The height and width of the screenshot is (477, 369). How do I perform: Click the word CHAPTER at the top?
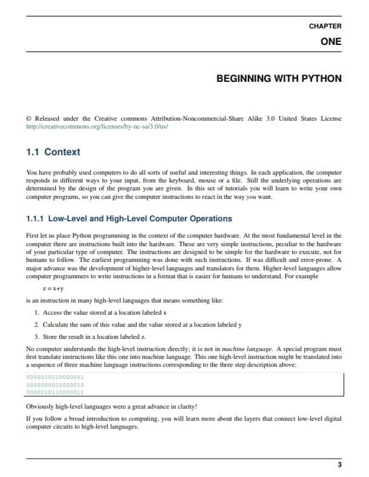pos(325,26)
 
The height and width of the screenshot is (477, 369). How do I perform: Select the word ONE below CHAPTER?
pos(331,42)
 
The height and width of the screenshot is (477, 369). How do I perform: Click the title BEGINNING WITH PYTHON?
pos(279,79)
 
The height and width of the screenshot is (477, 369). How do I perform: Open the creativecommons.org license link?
pos(97,127)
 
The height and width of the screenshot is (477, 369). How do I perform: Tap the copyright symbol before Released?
pos(29,119)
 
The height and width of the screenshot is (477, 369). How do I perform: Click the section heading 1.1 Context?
pos(53,152)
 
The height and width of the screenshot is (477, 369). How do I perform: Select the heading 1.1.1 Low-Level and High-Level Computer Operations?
pos(128,218)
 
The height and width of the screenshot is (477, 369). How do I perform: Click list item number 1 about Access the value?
pos(101,313)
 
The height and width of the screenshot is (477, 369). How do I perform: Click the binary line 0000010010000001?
pos(55,378)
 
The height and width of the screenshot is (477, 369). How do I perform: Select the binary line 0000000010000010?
pos(55,385)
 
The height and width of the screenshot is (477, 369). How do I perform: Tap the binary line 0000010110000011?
pos(55,392)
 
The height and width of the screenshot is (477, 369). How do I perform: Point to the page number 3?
pos(339,465)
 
